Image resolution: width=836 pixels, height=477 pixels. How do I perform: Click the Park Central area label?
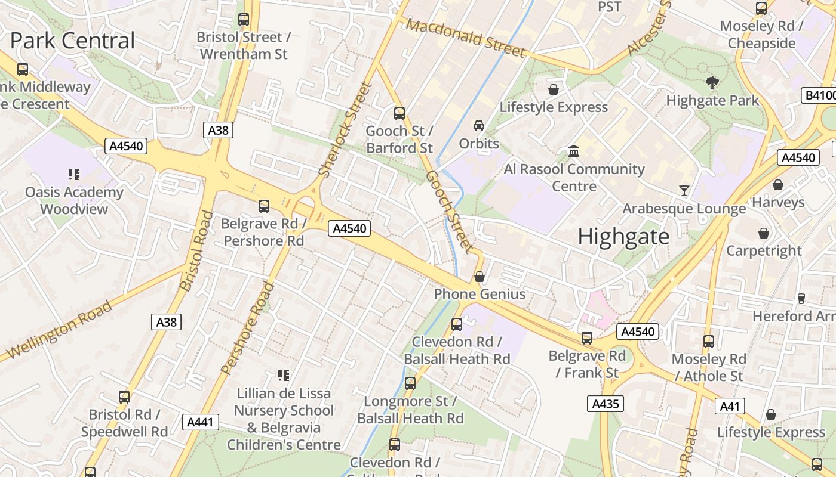(73, 41)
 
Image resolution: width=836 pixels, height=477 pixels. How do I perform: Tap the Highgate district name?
(623, 237)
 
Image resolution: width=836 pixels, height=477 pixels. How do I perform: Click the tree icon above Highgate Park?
(712, 83)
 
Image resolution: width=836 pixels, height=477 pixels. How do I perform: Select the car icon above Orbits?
(478, 125)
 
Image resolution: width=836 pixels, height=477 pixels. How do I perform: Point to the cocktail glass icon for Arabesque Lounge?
(684, 191)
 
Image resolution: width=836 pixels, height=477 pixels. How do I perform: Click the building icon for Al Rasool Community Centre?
(574, 151)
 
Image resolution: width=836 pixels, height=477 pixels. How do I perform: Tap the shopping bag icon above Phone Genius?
(479, 277)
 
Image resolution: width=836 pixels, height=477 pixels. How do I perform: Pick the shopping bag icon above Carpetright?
(763, 233)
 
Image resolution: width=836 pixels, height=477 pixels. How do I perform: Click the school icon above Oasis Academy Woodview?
(74, 175)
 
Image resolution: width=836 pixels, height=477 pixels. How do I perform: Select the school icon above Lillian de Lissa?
(284, 376)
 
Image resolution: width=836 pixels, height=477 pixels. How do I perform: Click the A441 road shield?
(200, 422)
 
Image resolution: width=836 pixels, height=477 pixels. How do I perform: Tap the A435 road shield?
(605, 404)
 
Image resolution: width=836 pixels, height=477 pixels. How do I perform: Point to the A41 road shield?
(729, 407)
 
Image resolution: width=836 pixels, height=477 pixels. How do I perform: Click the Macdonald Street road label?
(466, 37)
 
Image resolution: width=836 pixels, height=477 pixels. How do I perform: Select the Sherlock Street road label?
(346, 130)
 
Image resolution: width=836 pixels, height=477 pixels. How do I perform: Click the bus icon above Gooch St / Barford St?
(399, 113)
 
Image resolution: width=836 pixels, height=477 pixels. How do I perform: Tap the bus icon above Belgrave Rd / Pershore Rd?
(263, 206)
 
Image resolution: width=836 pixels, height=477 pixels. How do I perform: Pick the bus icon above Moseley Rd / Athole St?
(709, 342)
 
